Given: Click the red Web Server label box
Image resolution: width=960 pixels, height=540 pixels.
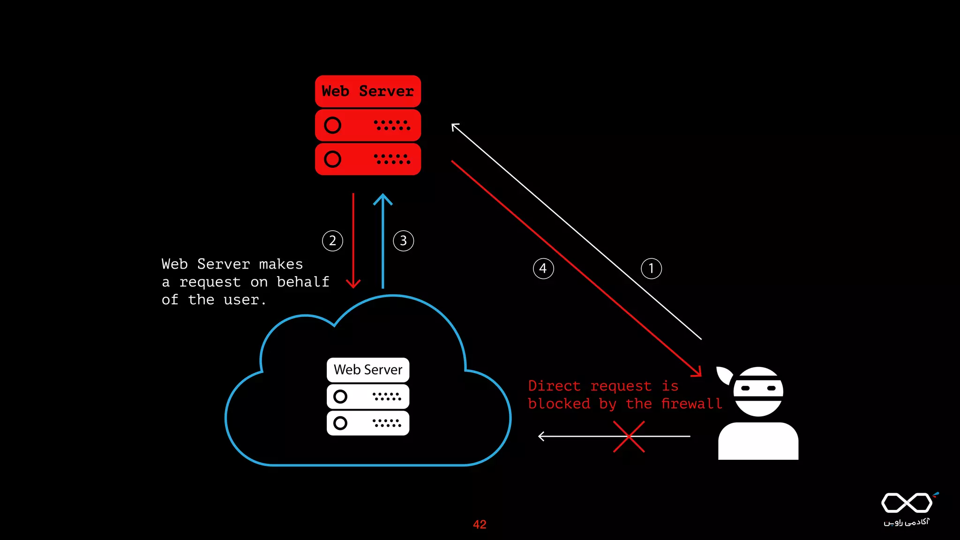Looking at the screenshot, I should tap(367, 91).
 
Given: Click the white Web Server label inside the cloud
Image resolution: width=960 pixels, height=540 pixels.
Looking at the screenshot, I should tap(367, 370).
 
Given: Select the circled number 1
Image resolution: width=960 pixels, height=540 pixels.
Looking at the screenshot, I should tap(651, 269).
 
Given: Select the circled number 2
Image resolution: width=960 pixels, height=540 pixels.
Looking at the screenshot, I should tap(332, 241).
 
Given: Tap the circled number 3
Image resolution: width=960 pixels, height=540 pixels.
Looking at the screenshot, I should tap(403, 241).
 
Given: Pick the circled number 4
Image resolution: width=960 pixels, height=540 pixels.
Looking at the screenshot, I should tap(543, 269).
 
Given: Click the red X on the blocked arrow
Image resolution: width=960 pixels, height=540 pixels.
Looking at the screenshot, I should tap(629, 436).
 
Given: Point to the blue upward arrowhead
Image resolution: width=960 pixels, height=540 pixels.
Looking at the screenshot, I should tap(383, 199).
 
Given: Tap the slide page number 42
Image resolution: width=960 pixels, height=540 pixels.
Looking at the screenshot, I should tap(480, 525).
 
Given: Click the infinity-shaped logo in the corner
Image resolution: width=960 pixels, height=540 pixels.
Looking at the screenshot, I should tap(907, 503).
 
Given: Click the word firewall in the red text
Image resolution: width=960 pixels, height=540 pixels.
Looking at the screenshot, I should tap(691, 404).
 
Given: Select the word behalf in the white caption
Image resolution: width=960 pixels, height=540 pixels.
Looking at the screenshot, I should tap(303, 282).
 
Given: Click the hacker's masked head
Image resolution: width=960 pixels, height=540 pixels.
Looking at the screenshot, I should tap(758, 391).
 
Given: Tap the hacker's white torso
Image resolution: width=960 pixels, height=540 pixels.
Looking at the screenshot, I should tap(758, 442).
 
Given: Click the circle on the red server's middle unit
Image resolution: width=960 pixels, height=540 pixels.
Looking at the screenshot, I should tap(332, 125).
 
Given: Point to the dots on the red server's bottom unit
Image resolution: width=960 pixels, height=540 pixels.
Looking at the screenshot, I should tap(392, 159).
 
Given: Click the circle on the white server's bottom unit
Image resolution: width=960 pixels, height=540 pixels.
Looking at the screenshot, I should tap(340, 423).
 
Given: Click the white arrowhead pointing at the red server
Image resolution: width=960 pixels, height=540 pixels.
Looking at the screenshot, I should tap(454, 126).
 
